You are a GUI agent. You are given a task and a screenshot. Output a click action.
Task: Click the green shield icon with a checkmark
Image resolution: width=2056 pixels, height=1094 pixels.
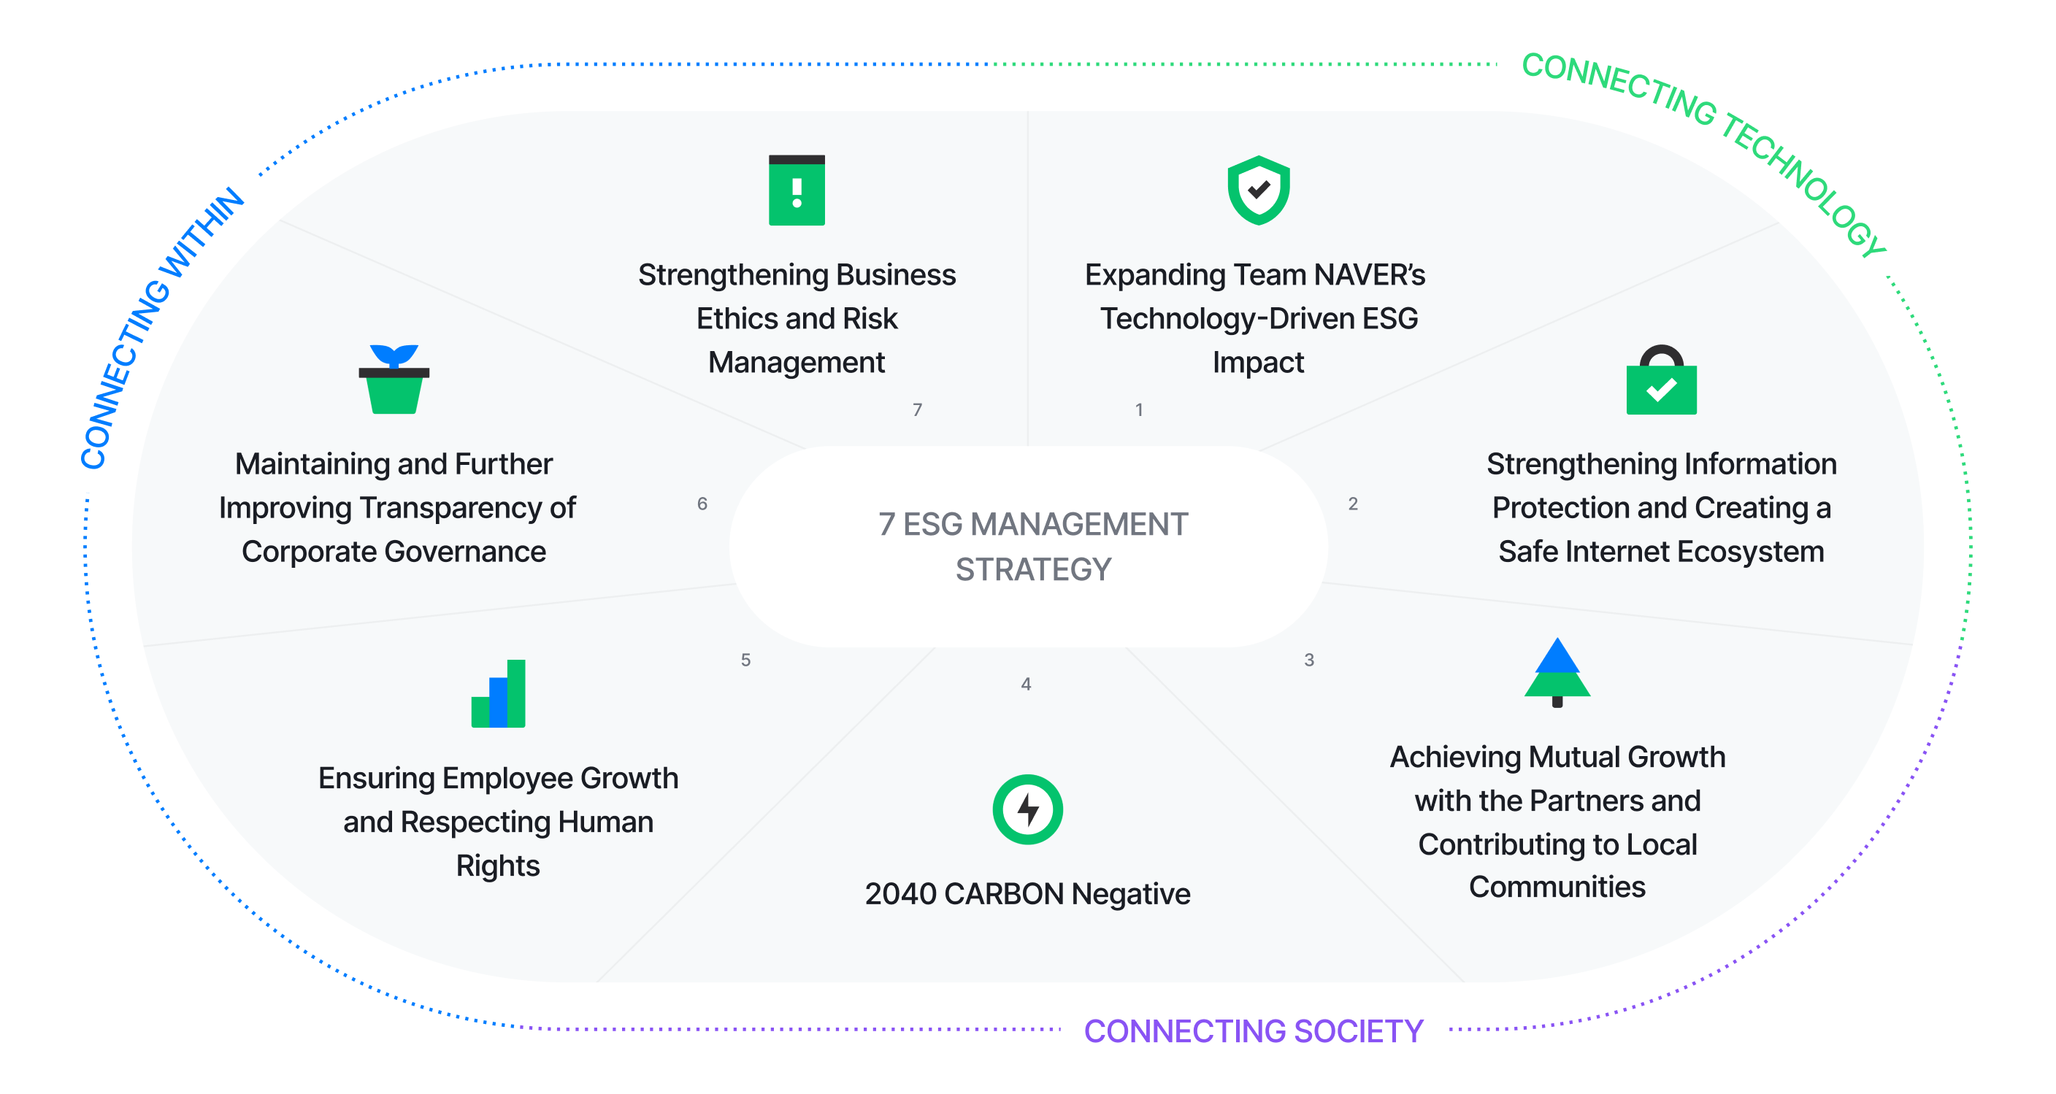tap(1259, 190)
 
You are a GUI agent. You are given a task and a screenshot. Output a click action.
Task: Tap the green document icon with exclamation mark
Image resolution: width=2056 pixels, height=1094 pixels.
tap(797, 190)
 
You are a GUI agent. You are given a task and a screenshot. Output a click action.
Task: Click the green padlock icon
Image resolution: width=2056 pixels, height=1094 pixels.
tap(1661, 381)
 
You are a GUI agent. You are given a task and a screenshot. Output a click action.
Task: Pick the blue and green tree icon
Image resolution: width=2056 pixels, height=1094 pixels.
tap(1557, 673)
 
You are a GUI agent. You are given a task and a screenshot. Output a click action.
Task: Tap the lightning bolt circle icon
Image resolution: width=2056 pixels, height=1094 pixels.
tap(1027, 809)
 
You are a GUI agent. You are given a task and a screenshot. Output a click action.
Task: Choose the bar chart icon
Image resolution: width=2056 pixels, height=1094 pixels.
tap(499, 693)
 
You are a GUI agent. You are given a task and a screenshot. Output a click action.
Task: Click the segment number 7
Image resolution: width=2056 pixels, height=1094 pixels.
tap(917, 410)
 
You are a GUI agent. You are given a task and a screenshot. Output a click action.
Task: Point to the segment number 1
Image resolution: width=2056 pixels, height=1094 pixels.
tap(1139, 410)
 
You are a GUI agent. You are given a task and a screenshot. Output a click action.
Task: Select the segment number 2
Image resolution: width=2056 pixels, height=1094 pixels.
tap(1353, 504)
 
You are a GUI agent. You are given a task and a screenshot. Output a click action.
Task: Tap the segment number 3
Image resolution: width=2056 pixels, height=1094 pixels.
tap(1309, 660)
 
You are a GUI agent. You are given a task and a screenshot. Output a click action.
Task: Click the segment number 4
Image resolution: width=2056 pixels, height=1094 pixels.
tap(1026, 684)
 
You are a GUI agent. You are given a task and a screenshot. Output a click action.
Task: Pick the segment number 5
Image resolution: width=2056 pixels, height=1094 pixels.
tap(745, 660)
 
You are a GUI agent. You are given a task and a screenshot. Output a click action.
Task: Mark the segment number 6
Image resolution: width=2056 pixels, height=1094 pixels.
tap(702, 504)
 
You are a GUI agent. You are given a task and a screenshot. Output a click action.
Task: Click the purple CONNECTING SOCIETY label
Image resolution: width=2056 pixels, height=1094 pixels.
tap(1253, 1031)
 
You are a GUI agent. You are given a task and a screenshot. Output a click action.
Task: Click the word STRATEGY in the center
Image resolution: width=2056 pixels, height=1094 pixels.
tap(1033, 569)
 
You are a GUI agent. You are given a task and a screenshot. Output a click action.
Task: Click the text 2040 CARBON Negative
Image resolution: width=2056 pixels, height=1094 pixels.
tap(1027, 894)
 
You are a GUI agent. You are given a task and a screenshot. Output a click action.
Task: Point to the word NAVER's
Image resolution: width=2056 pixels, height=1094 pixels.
tap(1369, 275)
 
